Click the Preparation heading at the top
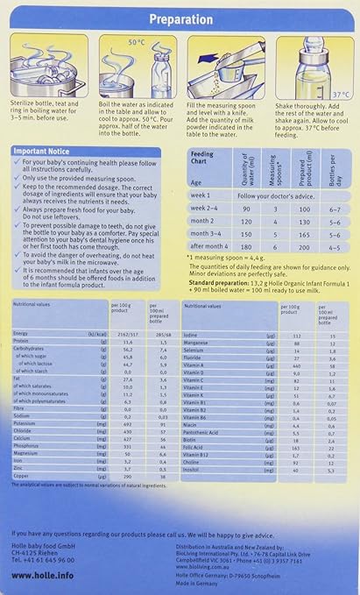181,18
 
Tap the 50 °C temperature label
136,41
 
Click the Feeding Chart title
201,157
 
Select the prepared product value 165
302,235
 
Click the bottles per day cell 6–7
333,210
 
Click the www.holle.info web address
42,575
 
